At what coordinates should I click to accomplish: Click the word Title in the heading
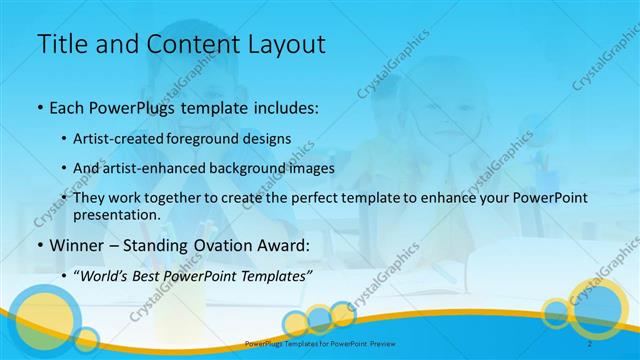[x=62, y=44]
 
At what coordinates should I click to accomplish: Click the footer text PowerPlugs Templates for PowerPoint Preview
[x=320, y=343]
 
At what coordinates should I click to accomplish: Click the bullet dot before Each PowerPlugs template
[x=39, y=105]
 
